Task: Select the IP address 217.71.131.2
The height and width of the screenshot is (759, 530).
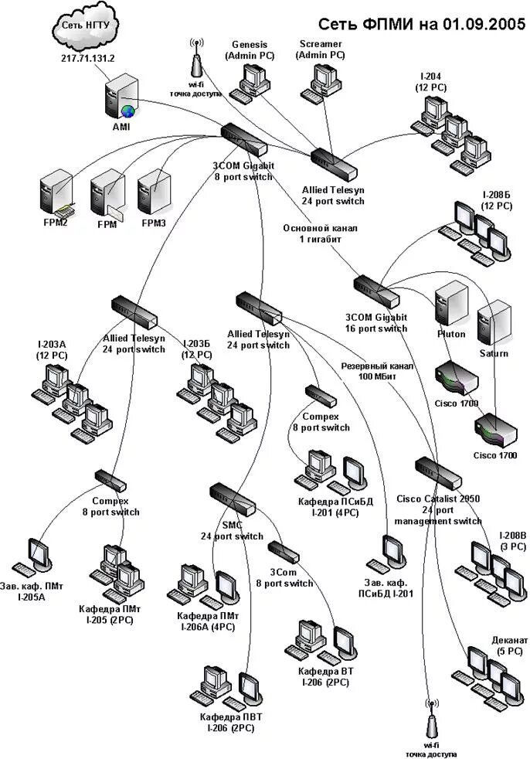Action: click(87, 58)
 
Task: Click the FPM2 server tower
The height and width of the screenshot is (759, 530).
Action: click(56, 193)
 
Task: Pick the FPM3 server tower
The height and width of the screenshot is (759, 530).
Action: click(155, 192)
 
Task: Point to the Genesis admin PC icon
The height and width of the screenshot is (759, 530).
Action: click(250, 83)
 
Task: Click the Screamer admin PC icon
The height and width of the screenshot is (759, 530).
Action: click(321, 82)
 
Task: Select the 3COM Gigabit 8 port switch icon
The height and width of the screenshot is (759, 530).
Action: click(244, 139)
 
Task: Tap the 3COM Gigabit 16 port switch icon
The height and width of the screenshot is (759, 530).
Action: click(377, 292)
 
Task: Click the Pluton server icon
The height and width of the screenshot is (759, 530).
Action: click(452, 305)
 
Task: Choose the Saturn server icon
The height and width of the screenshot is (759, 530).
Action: click(494, 322)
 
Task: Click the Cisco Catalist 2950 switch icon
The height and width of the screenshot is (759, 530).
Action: click(439, 473)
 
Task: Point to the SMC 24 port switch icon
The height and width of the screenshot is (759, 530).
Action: click(233, 499)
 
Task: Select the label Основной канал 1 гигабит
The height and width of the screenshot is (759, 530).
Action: click(320, 233)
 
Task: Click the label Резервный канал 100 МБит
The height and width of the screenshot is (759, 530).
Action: click(377, 371)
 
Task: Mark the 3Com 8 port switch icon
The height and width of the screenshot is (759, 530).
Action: click(284, 552)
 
